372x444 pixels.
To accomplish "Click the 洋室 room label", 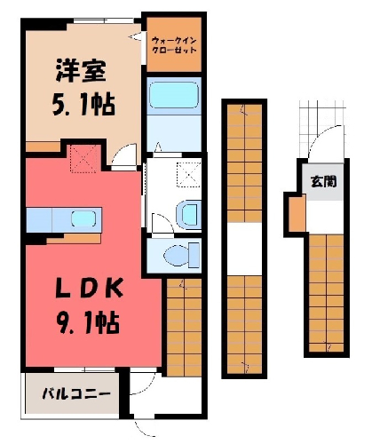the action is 81,71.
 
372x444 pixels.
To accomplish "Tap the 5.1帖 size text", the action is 83,104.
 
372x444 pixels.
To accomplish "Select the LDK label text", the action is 90,288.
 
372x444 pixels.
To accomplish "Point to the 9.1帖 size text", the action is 88,322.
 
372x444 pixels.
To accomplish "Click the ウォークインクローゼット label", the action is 174,45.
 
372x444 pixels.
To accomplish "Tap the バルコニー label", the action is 76,394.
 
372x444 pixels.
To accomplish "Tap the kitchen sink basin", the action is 83,219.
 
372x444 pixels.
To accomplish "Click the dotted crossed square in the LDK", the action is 83,159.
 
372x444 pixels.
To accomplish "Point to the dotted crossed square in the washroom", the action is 189,175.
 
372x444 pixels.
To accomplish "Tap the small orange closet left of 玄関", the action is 297,213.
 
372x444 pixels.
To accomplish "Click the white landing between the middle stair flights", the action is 245,249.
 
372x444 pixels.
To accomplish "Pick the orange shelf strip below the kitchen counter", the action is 74,239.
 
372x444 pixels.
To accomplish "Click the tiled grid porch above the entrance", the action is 321,129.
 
